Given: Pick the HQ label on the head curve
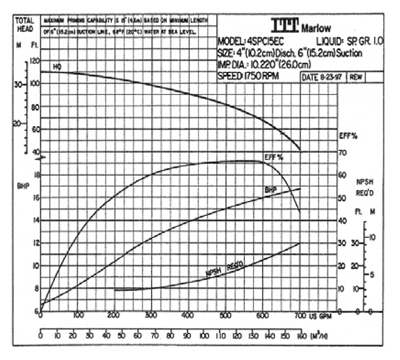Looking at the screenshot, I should coord(58,67).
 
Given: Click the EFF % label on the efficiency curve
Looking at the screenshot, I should coord(274,157).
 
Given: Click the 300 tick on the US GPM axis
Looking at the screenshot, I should coord(151,315).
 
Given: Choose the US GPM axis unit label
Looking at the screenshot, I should coord(323,316).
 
